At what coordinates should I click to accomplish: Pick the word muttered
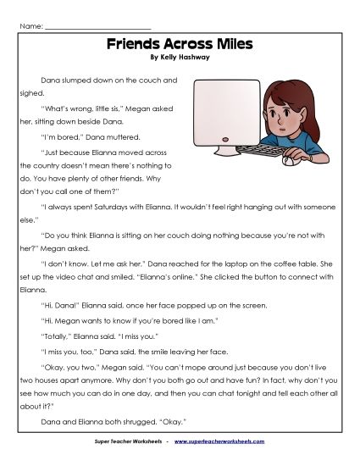coord(116,136)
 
